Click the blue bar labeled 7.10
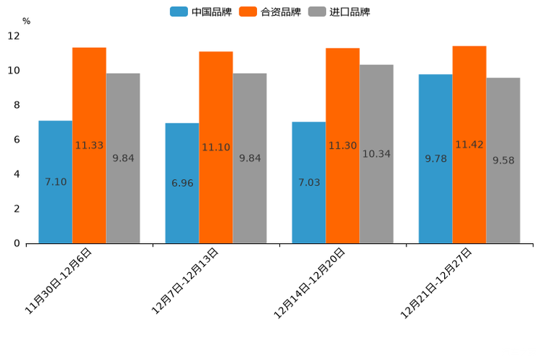55,181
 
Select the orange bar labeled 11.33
89,145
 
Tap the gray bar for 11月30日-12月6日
123,158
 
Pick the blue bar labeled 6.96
182,183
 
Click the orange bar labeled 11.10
216,147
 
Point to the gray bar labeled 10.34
376,154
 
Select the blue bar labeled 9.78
435,158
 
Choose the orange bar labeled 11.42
469,144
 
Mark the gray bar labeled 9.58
503,160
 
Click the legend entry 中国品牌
201,12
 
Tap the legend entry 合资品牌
270,12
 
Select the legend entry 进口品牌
339,12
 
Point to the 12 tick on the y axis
15,36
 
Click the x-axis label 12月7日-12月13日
185,280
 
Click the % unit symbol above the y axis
26,21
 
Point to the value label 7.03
309,182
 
